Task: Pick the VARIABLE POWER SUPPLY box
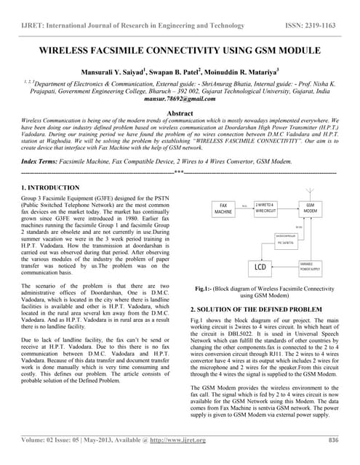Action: click(310, 266)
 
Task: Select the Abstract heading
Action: click(180, 114)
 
